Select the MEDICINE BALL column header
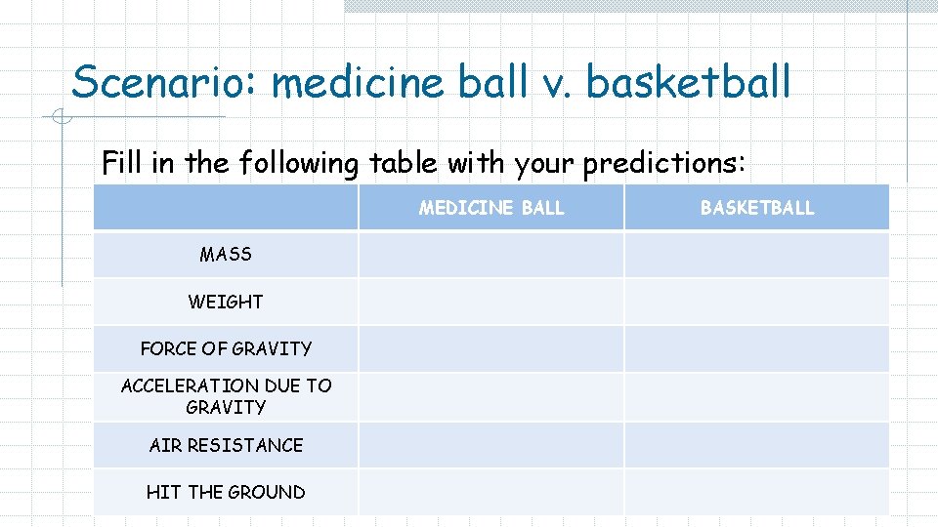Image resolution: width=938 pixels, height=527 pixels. [491, 208]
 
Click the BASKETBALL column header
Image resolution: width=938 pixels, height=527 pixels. [757, 208]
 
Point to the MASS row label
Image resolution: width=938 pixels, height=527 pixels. [226, 255]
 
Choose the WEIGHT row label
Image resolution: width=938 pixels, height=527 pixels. [226, 303]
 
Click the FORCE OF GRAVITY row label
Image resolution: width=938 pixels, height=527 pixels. [226, 349]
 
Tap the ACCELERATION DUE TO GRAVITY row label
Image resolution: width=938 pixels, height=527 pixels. [226, 396]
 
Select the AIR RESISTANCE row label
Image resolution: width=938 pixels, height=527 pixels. [226, 445]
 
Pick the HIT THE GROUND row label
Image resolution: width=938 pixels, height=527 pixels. [226, 493]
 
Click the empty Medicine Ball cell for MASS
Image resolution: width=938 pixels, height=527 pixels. [491, 255]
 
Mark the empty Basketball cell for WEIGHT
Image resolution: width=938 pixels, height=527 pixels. [757, 303]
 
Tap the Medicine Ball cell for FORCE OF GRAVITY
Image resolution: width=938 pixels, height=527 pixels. [491, 349]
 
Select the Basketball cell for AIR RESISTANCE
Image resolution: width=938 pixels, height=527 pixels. [757, 445]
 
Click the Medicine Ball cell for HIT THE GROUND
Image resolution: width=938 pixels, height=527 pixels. [491, 493]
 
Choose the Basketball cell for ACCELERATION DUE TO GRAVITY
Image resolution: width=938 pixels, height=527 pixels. [757, 396]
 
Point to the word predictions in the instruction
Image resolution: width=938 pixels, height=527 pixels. [663, 164]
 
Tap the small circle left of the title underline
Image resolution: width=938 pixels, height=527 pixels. [61, 118]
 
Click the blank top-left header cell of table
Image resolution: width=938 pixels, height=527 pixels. [226, 208]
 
